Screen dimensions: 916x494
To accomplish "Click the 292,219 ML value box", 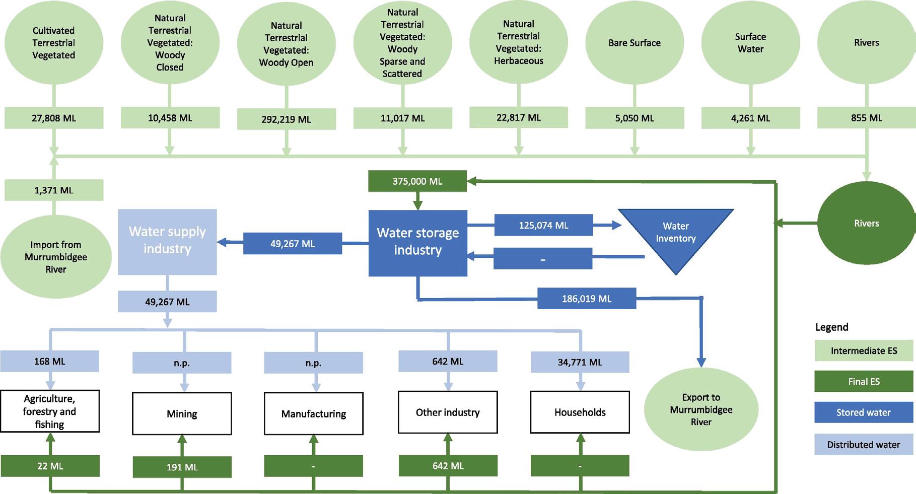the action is click(286, 119).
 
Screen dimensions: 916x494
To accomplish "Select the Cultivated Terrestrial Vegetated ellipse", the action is click(54, 43).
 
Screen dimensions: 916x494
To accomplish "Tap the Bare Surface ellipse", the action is click(635, 43).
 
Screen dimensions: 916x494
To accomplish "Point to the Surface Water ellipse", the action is click(750, 43).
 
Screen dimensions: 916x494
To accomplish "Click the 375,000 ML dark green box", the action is click(417, 181).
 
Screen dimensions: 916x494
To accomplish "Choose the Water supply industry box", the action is click(167, 242).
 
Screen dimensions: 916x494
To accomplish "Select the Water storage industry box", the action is click(418, 243).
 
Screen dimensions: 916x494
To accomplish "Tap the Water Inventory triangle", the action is click(676, 237).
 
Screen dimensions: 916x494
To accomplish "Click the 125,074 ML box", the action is click(543, 225).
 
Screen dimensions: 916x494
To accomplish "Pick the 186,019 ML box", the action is click(587, 299).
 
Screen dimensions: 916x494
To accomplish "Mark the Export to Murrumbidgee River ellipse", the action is click(701, 409).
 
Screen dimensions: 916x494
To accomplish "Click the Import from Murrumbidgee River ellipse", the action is click(56, 257).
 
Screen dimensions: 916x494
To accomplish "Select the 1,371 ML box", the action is click(54, 190).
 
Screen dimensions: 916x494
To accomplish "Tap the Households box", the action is click(580, 412).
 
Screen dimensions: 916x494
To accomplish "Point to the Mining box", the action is click(182, 414).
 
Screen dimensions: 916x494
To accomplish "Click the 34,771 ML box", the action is click(580, 362).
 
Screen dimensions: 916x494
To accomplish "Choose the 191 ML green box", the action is click(182, 467).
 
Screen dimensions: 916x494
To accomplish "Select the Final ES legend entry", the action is click(864, 381).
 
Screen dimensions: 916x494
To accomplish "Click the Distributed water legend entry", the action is click(864, 445).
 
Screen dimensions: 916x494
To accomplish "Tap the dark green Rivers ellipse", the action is click(866, 223).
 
